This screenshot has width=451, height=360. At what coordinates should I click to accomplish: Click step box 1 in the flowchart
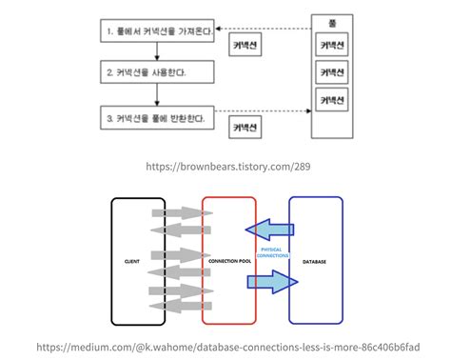pos(157,31)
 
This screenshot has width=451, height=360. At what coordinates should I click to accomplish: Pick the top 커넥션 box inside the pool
pos(331,45)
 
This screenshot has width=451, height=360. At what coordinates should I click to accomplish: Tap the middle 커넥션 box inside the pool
pos(331,71)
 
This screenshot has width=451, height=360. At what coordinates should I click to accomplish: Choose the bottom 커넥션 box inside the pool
pos(331,98)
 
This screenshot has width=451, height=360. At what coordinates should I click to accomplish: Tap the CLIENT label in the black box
pos(133,260)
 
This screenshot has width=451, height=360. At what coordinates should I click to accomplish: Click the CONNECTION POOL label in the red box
pos(228,260)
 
